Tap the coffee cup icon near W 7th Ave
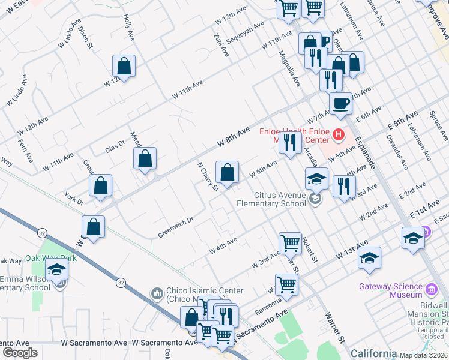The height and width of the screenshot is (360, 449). click(x=340, y=102)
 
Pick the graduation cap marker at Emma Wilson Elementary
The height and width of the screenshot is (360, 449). click(x=57, y=269)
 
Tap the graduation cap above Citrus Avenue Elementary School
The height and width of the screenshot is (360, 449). click(x=316, y=178)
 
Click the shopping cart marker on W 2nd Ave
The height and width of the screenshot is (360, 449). click(x=290, y=243)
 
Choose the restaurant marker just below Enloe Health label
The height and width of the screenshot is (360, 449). click(x=290, y=143)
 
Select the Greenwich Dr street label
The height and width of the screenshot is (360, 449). click(x=176, y=227)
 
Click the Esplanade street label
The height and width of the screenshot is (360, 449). click(x=364, y=151)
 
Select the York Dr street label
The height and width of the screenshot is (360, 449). click(x=74, y=199)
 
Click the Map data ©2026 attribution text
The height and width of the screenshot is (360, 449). click(x=423, y=355)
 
